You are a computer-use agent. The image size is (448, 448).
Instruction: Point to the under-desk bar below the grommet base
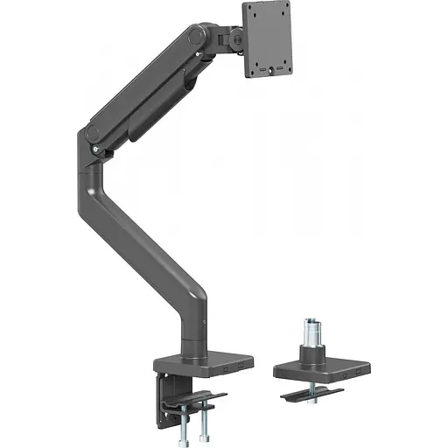pyautogui.click(x=311, y=394)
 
